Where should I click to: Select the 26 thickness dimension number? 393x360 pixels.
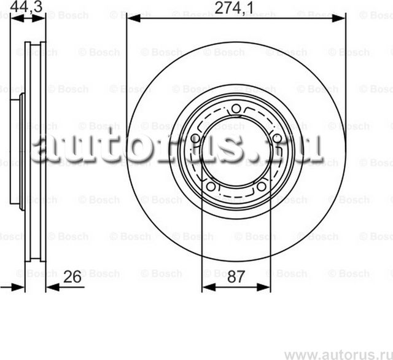pyautogui.click(x=72, y=277)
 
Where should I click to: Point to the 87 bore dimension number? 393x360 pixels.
pyautogui.click(x=236, y=277)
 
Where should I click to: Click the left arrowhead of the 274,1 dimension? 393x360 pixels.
pyautogui.click(x=131, y=20)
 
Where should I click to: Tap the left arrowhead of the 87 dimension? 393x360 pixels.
pyautogui.click(x=206, y=286)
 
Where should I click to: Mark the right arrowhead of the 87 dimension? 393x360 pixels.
pyautogui.click(x=266, y=286)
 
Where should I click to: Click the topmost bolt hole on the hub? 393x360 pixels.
pyautogui.click(x=236, y=110)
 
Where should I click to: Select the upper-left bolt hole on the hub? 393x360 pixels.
pyautogui.click(x=196, y=137)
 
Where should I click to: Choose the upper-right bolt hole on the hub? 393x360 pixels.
pyautogui.click(x=276, y=137)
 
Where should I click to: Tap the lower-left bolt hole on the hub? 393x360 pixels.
pyautogui.click(x=212, y=185)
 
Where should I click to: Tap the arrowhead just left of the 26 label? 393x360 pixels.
pyautogui.click(x=50, y=286)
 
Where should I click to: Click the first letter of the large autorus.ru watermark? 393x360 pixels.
pyautogui.click(x=47, y=149)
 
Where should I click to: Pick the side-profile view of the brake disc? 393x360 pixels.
pyautogui.click(x=28, y=154)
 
